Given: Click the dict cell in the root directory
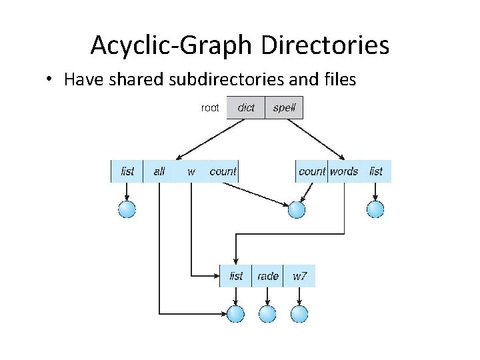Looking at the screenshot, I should [245, 107].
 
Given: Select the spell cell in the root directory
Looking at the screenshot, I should [284, 107].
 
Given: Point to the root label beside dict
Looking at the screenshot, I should [210, 107].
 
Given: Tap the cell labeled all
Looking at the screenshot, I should [159, 171].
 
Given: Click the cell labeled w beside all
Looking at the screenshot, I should [191, 171].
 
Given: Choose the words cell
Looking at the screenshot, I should [344, 171].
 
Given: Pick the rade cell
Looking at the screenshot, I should [267, 276].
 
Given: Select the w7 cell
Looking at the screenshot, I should [299, 276].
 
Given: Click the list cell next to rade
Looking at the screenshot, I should [236, 276].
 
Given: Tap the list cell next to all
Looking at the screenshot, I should [127, 171].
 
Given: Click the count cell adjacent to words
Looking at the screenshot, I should [311, 171].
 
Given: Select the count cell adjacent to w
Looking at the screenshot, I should [223, 171].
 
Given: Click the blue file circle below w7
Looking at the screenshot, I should [299, 313].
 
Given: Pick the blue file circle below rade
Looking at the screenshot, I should [267, 313].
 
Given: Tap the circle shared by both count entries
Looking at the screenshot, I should [296, 209].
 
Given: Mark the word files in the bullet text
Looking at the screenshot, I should [339, 80].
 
